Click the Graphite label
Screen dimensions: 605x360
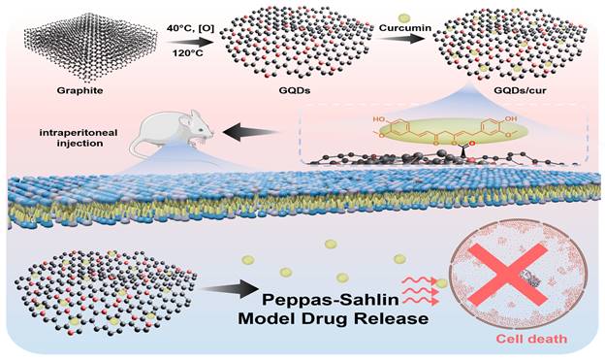coord(80,90)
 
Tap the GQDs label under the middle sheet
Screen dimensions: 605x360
coord(295,90)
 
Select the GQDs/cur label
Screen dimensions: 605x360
coord(520,91)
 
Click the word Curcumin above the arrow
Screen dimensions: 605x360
coord(405,28)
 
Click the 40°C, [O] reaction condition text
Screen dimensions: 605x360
coord(191,28)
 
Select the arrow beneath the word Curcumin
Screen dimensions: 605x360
coord(399,38)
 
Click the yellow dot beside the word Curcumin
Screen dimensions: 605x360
coord(403,17)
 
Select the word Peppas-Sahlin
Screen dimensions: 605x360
coord(331,300)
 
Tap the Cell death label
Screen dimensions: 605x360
coord(531,340)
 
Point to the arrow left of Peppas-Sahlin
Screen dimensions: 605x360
coord(231,289)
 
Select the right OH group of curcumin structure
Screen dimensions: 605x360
coord(510,119)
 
